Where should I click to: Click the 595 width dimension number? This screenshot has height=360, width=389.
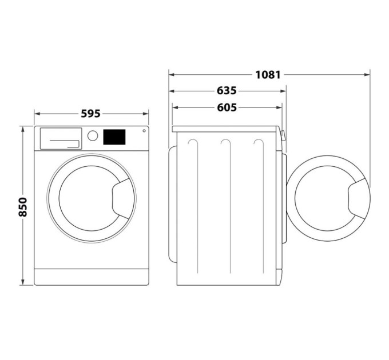coord(90,114)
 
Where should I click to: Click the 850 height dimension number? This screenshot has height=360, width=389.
coord(23,206)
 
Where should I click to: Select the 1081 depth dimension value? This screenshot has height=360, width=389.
coord(268,74)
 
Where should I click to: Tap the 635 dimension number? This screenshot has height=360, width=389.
coord(227,91)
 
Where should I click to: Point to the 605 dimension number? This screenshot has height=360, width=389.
coord(227,107)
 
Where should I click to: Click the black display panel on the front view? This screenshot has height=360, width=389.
coord(114,137)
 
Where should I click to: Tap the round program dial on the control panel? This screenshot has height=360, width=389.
coord(93,136)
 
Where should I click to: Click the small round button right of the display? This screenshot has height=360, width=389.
coord(143,131)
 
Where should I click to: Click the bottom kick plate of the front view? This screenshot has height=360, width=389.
coord(92,277)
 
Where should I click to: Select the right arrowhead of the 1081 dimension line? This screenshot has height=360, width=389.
coord(367,74)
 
